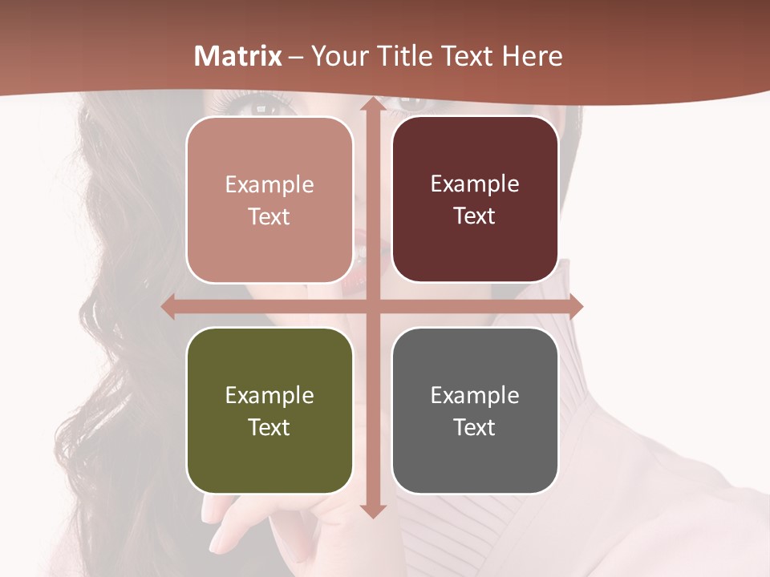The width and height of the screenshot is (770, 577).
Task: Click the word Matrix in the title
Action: [x=238, y=56]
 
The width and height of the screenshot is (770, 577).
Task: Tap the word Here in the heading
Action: [x=532, y=56]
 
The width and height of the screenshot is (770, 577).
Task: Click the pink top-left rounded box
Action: [x=269, y=200]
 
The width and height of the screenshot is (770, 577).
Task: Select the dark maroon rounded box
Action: [x=475, y=200]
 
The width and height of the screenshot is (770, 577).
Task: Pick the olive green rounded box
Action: [x=269, y=410]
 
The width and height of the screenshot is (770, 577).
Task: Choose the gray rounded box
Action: [x=475, y=410]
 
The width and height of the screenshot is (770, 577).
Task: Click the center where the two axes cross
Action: [x=372, y=306]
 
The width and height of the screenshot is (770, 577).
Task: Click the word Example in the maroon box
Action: [x=475, y=184]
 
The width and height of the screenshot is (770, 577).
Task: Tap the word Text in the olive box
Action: [x=269, y=427]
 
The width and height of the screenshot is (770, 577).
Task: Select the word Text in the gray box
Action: [x=475, y=427]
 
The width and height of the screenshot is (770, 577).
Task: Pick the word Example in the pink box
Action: [x=269, y=185]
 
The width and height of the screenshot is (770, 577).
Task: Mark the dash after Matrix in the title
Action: [x=296, y=57]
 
